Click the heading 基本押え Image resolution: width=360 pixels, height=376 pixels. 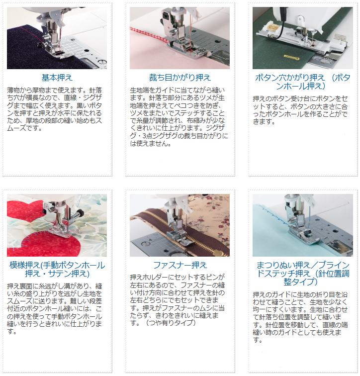pos(57,78)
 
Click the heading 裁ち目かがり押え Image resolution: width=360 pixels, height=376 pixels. pos(180,78)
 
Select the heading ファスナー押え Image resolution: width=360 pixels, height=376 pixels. pos(180,265)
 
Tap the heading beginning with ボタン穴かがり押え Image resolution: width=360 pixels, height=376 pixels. pos(303,82)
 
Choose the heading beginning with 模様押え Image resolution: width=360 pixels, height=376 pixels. pos(57,269)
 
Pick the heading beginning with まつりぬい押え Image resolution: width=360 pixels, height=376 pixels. pos(303,274)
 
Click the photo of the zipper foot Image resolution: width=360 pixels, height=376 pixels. pos(180,225)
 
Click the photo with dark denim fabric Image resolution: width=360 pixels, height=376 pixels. pos(57,38)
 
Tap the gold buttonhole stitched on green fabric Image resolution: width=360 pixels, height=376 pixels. pos(292,57)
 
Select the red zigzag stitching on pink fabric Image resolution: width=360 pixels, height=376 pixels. pos(150,35)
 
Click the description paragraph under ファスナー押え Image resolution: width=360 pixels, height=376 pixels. pos(178,300)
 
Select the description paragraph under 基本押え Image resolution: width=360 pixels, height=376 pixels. pos(55,109)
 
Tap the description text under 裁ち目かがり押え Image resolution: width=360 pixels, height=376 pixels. pos(179,117)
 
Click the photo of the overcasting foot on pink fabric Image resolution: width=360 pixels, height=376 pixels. pos(180,38)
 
